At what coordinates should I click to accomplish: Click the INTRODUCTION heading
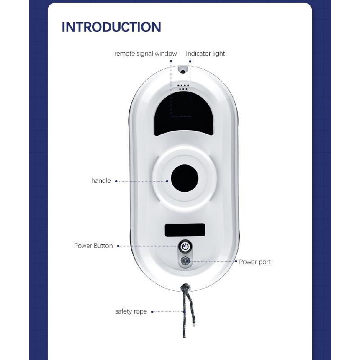pos(111,27)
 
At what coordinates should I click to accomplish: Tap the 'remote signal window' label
pos(145,54)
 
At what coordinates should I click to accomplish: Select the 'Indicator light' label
pos(206,54)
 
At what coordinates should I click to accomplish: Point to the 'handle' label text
pos(101,181)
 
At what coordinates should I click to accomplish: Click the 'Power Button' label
pos(93,246)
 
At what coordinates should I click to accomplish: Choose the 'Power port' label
pos(255,262)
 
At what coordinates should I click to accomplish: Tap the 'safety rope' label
pos(131,311)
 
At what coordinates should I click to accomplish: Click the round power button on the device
pos(184,246)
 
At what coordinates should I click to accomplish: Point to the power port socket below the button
pos(184,261)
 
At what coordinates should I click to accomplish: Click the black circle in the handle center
pos(184,179)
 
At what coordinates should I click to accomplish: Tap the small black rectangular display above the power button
pos(184,230)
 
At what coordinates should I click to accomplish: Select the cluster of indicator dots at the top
pos(183,87)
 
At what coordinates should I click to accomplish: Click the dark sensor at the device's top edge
pos(183,70)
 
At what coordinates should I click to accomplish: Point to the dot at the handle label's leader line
pos(116,181)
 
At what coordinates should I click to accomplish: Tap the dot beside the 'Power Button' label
pos(118,246)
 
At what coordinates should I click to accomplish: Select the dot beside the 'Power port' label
pos(236,261)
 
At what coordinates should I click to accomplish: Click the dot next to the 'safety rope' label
pos(152,311)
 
